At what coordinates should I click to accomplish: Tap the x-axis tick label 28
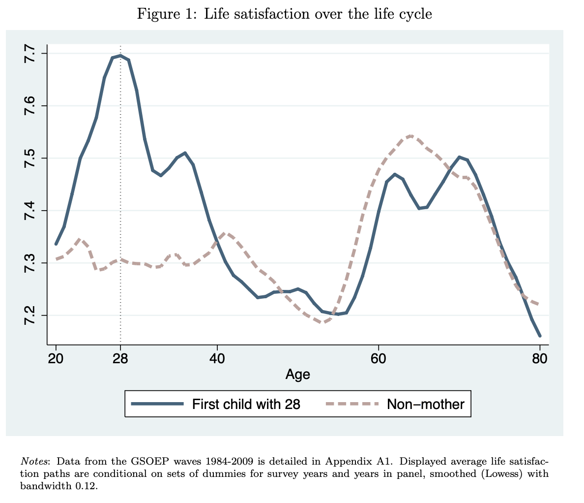tap(120, 358)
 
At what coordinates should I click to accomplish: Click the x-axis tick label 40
tap(217, 358)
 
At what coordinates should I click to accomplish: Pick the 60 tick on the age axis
tap(378, 358)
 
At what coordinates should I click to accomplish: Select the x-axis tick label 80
tap(539, 358)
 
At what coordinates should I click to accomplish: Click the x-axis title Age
tap(297, 375)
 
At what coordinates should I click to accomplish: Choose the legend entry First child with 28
tap(246, 404)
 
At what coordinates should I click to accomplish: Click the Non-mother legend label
tap(425, 404)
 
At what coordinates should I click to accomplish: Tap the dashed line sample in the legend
tap(352, 404)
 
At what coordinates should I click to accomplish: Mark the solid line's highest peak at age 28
tap(120, 56)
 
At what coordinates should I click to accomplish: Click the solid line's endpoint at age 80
tap(540, 336)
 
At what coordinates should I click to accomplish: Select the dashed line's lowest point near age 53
tap(322, 323)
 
